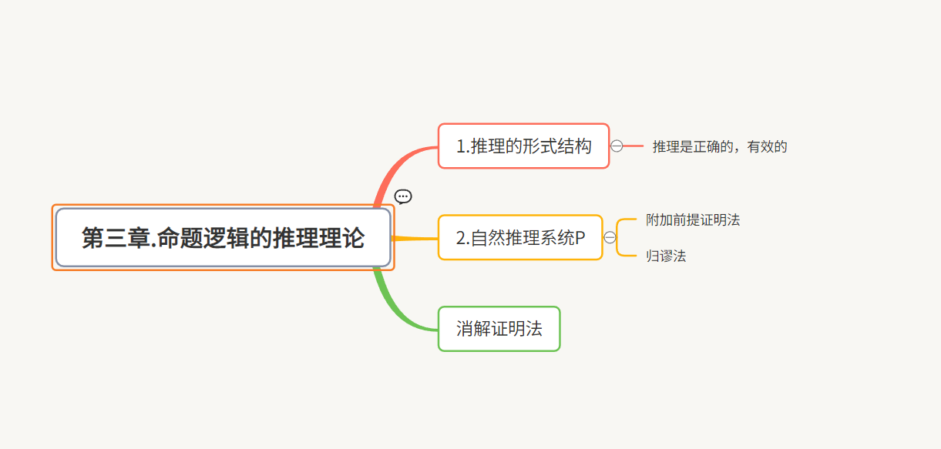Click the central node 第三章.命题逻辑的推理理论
coord(223,237)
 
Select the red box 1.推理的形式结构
coord(523,146)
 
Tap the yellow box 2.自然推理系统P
coord(520,238)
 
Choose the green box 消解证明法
coord(499,329)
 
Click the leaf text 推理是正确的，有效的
coord(720,146)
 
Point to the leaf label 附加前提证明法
coord(693,219)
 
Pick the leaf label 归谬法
coord(666,256)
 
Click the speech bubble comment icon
coord(403,197)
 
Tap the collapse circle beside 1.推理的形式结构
coord(617,146)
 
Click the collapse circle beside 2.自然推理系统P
coord(610,237)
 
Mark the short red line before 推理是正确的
coord(633,146)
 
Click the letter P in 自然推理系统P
coord(580,239)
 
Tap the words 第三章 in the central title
coord(115,238)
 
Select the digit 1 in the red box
coord(461,146)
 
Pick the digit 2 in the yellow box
coord(461,239)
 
